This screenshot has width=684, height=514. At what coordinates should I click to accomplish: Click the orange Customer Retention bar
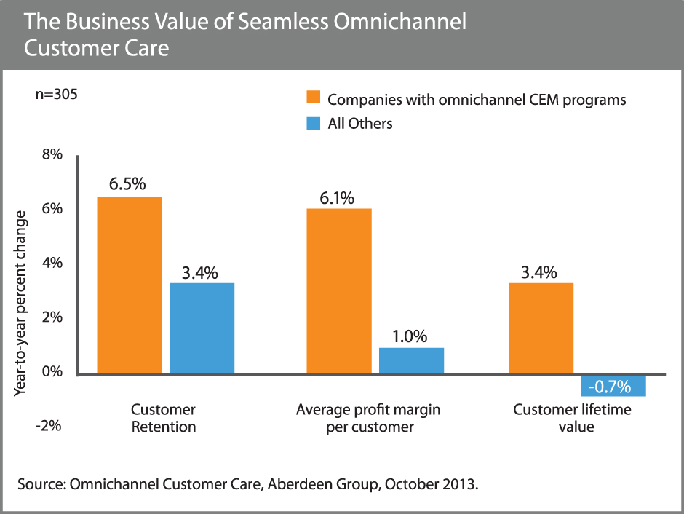click(x=130, y=285)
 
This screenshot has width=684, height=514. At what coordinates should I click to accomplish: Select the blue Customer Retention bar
click(x=202, y=328)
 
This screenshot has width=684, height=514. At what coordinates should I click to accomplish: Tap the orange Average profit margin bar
click(x=339, y=291)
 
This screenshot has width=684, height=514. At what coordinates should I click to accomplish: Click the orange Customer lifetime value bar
click(x=541, y=328)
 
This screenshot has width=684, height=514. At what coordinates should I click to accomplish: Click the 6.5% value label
click(x=128, y=185)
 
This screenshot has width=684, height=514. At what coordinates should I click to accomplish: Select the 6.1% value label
click(x=336, y=197)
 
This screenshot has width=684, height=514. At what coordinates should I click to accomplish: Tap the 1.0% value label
click(x=410, y=336)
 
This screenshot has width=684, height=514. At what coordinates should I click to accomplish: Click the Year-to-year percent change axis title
click(x=21, y=303)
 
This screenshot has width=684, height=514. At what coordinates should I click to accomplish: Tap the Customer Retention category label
click(x=163, y=419)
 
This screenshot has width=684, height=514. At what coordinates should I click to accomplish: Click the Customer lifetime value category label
click(x=572, y=419)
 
